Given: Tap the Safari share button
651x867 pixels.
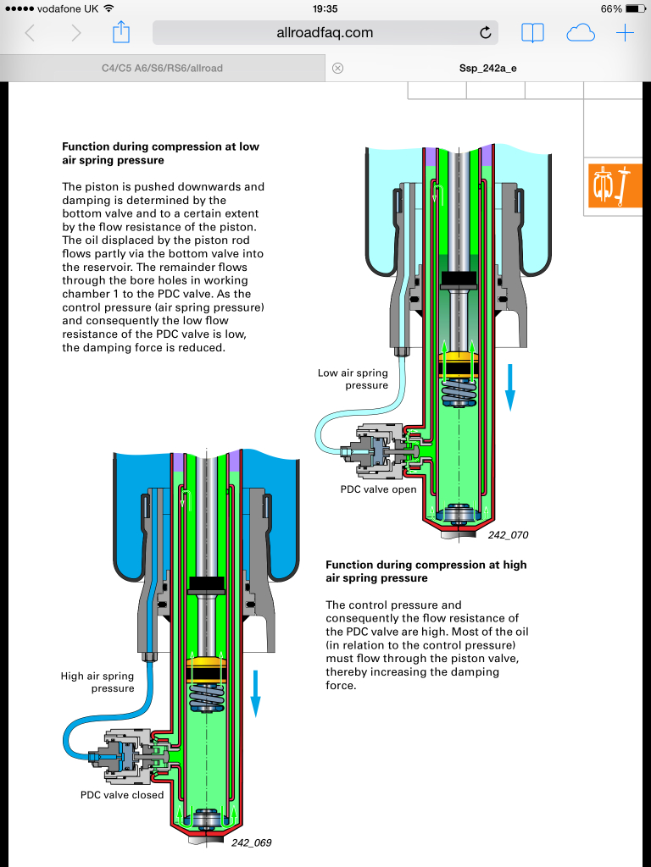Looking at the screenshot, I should [120, 33].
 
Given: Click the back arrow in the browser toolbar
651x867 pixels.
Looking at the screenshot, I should [31, 33].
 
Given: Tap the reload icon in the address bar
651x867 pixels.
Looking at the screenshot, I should [486, 33].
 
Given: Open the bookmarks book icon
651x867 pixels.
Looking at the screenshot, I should [532, 33].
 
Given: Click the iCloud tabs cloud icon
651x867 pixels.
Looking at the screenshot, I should [581, 33].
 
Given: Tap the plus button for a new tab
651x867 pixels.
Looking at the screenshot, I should [625, 33].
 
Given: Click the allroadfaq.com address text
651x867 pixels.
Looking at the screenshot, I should [325, 33].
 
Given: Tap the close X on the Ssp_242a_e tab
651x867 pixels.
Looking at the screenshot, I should [337, 68].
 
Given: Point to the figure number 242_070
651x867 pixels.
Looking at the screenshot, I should [508, 535].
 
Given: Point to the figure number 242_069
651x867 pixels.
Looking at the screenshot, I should [251, 842].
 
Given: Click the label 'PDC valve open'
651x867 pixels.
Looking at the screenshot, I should [378, 489].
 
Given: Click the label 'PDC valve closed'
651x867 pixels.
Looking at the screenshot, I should [122, 795].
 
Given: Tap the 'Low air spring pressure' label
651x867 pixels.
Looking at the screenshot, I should [353, 378].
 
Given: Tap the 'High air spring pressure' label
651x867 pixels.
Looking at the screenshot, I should [97, 682].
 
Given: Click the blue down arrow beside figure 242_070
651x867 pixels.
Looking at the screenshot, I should [510, 387].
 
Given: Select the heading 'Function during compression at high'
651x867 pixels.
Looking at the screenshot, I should [426, 565].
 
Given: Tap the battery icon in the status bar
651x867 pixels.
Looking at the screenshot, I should [636, 8].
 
